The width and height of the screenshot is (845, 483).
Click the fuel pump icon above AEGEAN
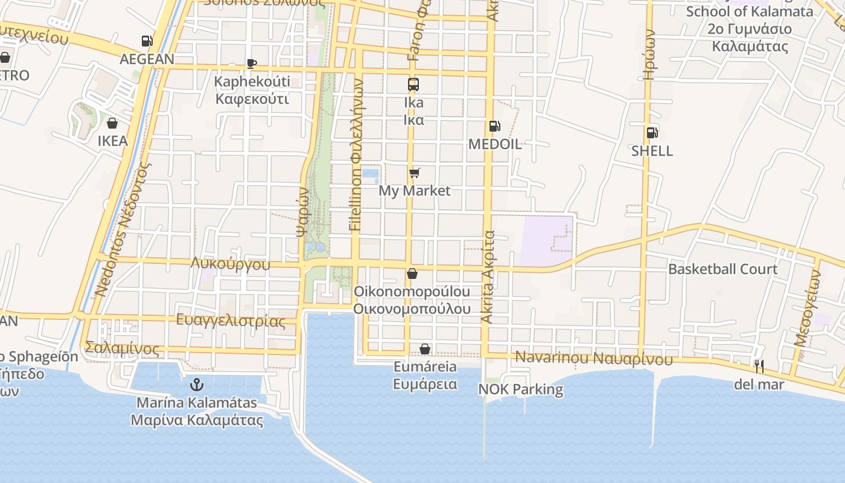coord(147,41)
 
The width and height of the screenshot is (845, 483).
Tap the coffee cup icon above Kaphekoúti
coord(252,63)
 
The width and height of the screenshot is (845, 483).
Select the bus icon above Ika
coord(413,85)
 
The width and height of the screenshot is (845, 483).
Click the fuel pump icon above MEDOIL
coord(494,126)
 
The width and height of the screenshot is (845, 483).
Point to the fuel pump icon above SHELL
coord(652,133)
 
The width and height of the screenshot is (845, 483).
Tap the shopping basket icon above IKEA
coord(112,124)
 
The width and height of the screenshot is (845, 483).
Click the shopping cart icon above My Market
coord(414,173)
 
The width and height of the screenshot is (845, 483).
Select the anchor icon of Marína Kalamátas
coord(196,384)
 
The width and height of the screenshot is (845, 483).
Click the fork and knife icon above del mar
coord(759,366)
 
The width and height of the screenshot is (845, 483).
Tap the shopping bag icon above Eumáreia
coord(425,349)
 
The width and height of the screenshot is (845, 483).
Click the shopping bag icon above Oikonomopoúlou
coord(412,274)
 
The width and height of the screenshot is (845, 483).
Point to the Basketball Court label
coord(722,269)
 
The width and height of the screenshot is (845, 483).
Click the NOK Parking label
coord(520,389)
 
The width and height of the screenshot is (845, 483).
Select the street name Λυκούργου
coord(230,264)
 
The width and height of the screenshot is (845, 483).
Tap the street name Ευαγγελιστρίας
coord(231,321)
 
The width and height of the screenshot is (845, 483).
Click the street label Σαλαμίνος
coord(123,348)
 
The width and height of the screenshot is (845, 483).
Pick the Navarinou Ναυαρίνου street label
coord(594,358)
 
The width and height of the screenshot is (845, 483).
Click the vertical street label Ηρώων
coord(649,56)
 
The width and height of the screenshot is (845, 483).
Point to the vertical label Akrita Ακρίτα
coord(488,277)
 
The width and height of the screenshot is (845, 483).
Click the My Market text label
coord(414,191)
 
